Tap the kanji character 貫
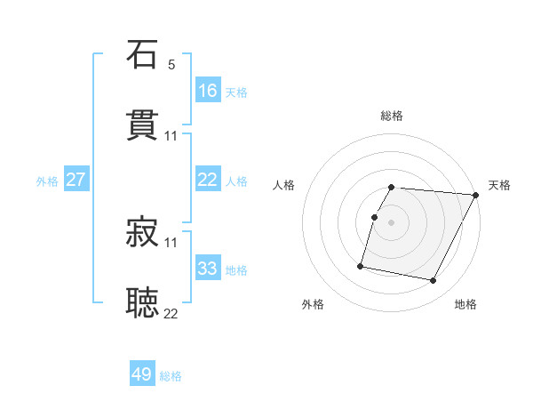[x=143, y=125]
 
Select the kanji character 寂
[x=143, y=232]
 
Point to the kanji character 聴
[x=143, y=302]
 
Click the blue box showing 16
[x=208, y=90]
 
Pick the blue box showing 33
[x=208, y=269]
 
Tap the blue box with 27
[x=76, y=180]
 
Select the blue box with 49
[x=142, y=374]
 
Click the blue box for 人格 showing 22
[x=208, y=180]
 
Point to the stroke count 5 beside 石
[x=171, y=65]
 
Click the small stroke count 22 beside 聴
[x=171, y=313]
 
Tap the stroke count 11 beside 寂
[x=171, y=242]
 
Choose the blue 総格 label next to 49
[x=171, y=376]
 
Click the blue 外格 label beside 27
[x=47, y=181]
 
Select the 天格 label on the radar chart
[x=499, y=185]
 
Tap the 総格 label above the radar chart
[x=392, y=116]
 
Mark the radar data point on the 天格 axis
[x=476, y=195]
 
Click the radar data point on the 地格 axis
[x=433, y=281]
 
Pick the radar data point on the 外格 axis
[x=361, y=266]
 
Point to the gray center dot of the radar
[x=392, y=221]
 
